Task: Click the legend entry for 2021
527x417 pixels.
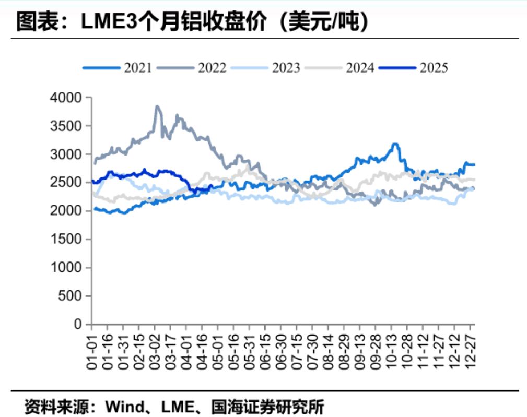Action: tap(118, 67)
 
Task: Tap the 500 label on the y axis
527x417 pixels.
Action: tap(72, 296)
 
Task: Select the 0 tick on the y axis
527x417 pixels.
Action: tap(78, 325)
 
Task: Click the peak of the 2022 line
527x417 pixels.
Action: tap(157, 106)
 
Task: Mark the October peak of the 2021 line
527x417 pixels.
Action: tap(395, 144)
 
